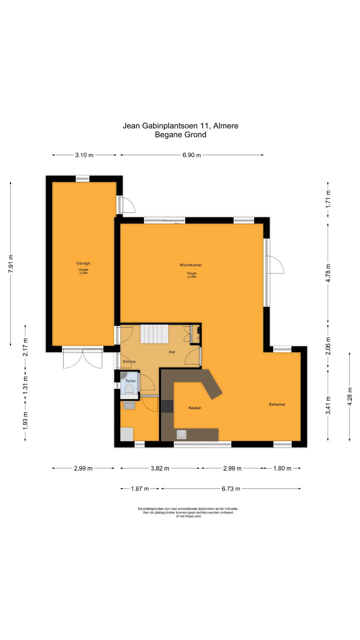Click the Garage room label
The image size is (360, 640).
point(83,263)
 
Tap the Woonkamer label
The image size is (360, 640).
point(191,265)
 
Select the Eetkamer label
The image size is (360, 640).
point(277,404)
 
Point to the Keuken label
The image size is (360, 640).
point(195,408)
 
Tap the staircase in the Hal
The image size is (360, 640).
point(154,334)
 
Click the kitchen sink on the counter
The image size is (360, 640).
point(182,434)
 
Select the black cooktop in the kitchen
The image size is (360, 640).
point(167,406)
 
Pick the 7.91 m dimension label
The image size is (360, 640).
point(11,264)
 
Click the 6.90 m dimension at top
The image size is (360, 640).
point(192,155)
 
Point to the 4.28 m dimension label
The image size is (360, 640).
point(350,396)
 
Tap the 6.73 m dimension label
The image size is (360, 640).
point(231,489)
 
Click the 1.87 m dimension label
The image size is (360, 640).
point(140,489)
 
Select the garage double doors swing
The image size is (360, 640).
point(83,359)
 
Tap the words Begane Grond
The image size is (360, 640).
point(181,135)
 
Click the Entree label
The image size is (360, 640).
point(129,361)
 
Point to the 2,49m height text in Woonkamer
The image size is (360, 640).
point(192,277)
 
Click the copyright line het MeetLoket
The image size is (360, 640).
point(188,516)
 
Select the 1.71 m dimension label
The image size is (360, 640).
point(328,199)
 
